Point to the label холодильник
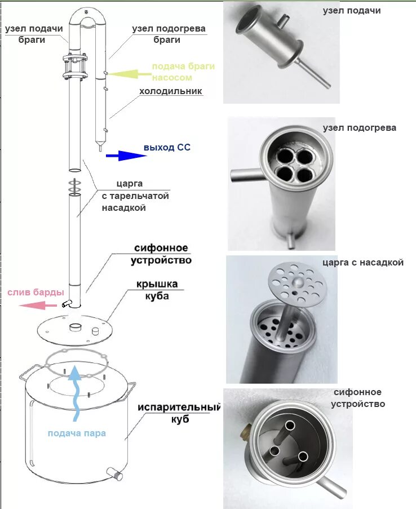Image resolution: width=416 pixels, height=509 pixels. tap(170, 91)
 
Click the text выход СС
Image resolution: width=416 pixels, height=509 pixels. tap(167, 148)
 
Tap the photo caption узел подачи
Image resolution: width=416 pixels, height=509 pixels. tap(352, 11)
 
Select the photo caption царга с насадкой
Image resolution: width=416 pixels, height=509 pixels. tap(363, 263)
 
